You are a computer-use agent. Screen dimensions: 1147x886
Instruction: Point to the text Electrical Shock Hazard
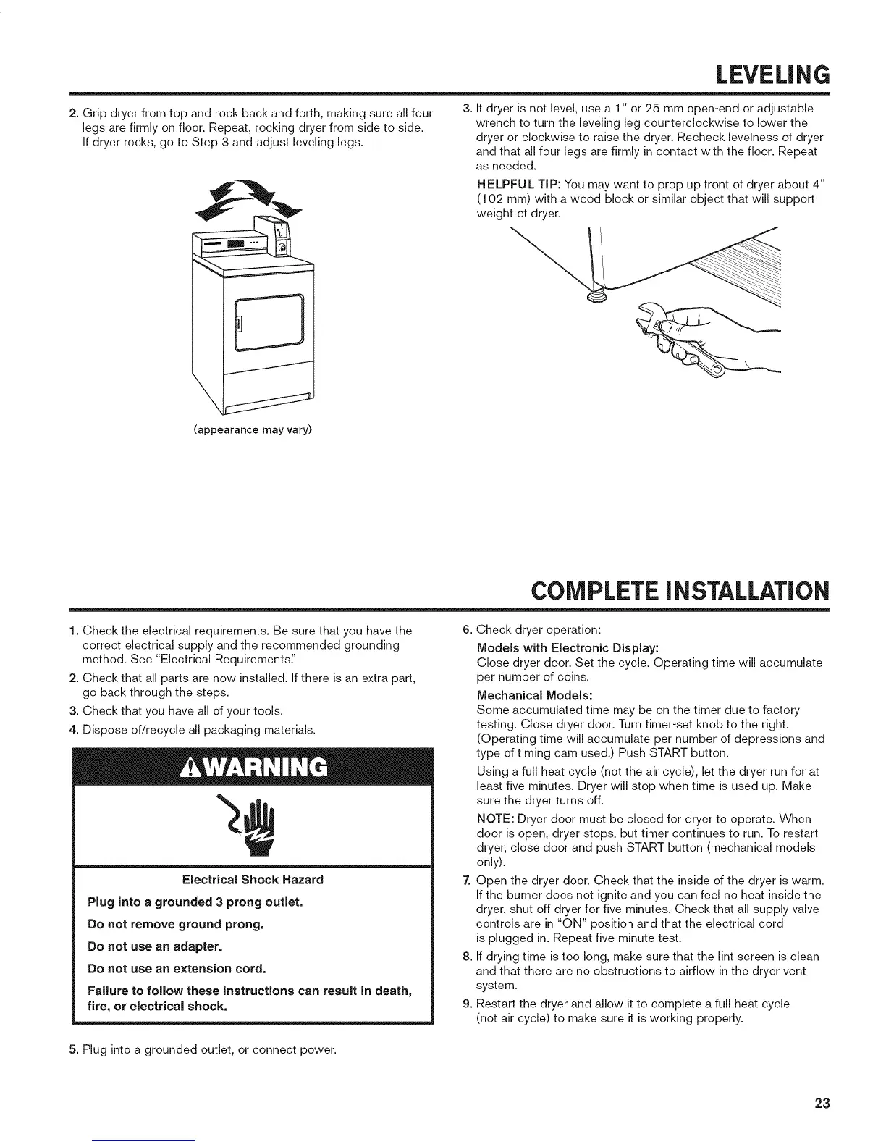click(253, 880)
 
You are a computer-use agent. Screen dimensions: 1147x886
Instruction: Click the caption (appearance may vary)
click(253, 430)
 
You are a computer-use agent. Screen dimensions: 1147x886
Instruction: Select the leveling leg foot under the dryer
click(596, 294)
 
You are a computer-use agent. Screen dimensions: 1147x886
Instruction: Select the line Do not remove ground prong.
click(175, 925)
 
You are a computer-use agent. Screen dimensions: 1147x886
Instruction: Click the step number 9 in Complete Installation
click(467, 1004)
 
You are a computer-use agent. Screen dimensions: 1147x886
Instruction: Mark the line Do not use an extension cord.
click(176, 968)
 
